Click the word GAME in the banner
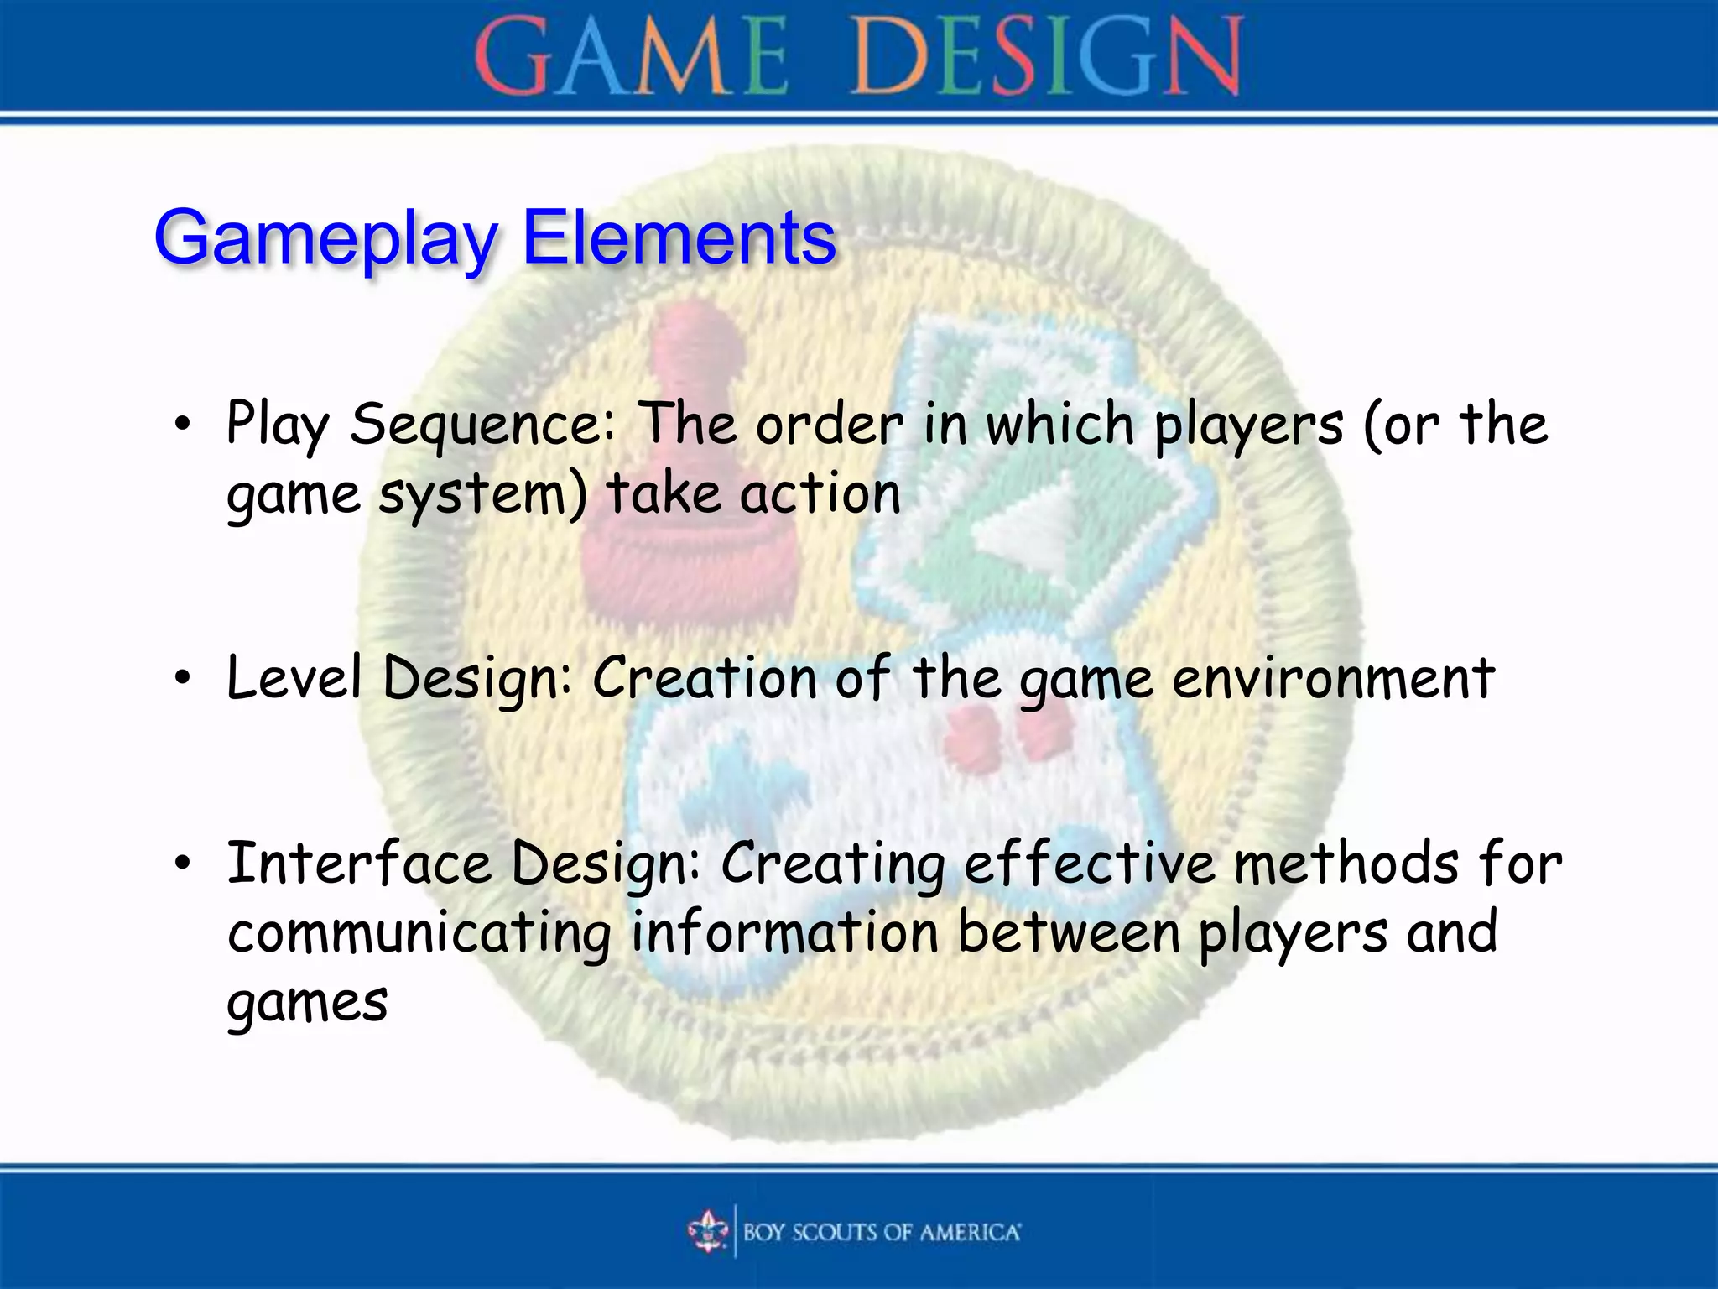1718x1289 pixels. [x=631, y=57]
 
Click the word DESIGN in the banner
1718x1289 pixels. [x=1047, y=57]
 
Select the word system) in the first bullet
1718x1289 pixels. [x=482, y=495]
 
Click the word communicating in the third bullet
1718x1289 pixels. [x=419, y=934]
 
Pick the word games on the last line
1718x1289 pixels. [x=307, y=1004]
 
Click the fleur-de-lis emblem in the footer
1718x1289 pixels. [x=709, y=1231]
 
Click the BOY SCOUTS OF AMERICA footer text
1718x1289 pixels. [x=881, y=1232]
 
